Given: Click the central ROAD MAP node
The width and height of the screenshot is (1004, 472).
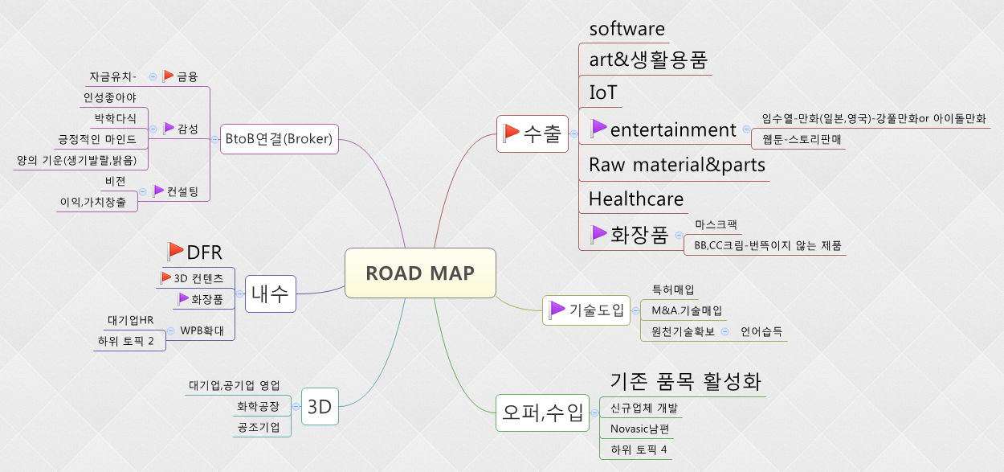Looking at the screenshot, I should point(420,273).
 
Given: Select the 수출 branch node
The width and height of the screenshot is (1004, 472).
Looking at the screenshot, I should point(533,133).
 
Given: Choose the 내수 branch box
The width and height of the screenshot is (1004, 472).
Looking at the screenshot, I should point(270,293).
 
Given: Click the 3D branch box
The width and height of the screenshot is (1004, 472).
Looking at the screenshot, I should point(320,406).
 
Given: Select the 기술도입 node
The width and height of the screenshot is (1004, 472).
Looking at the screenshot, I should point(586,310).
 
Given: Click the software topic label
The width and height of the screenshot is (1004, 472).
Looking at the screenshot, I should point(626,29).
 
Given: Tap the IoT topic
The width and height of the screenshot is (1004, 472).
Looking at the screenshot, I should point(603,92).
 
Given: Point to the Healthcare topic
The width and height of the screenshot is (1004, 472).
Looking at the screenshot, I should point(636,199).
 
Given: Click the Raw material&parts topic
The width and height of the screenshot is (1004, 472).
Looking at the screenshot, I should point(676,165).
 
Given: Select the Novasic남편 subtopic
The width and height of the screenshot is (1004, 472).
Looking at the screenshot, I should point(640,429).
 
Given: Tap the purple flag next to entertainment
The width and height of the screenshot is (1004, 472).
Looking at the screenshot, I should point(598,128).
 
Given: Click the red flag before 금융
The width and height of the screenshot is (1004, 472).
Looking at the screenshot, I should point(168,76).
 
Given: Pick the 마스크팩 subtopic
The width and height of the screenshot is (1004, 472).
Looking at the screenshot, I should point(716,224).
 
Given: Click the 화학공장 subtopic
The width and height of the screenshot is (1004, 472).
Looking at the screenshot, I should point(259,407).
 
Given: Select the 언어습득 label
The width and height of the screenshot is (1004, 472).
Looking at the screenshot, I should point(761,330).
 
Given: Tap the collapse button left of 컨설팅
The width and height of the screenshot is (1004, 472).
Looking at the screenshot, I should point(143,191).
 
